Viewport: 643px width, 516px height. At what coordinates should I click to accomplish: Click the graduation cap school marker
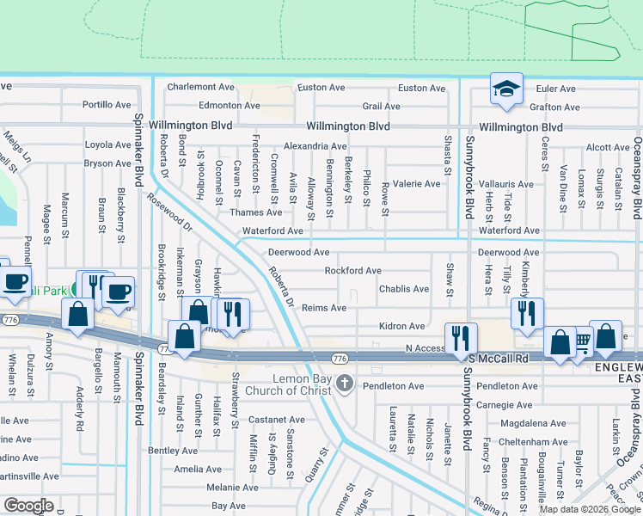[x=507, y=89]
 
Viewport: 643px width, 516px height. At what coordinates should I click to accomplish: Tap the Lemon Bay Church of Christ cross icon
[x=346, y=383]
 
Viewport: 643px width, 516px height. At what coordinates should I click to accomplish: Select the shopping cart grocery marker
[x=580, y=341]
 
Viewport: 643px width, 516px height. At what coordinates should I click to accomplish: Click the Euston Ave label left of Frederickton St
[x=321, y=88]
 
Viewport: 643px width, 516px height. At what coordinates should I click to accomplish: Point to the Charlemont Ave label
[x=201, y=87]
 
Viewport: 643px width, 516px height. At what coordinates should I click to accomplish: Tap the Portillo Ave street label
[x=107, y=105]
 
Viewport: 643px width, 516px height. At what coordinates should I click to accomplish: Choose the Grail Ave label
[x=381, y=107]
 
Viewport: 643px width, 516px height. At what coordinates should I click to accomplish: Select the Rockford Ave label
[x=352, y=271]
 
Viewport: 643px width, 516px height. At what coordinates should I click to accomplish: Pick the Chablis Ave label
[x=404, y=290]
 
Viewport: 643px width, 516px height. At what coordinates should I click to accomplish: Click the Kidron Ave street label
[x=402, y=327]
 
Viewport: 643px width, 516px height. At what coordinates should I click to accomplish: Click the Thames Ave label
[x=261, y=212]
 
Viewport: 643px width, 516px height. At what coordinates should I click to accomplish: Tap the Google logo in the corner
[x=28, y=506]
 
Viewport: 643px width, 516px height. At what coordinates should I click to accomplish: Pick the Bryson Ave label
[x=107, y=163]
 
